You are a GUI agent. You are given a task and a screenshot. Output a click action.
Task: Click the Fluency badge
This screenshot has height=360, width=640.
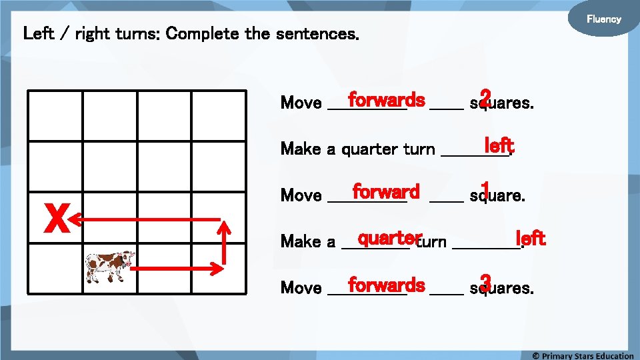pyautogui.click(x=603, y=19)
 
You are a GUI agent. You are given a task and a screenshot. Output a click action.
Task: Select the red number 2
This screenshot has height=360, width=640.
pyautogui.click(x=485, y=97)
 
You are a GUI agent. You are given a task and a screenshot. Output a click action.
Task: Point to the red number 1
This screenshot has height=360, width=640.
pyautogui.click(x=485, y=190)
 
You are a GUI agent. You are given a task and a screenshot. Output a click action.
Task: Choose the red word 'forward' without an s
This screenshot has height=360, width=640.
pyautogui.click(x=386, y=192)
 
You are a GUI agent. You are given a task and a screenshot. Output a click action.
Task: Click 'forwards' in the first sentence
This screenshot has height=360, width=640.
pyautogui.click(x=386, y=100)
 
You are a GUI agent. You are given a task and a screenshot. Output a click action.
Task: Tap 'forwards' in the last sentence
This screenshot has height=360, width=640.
pyautogui.click(x=386, y=285)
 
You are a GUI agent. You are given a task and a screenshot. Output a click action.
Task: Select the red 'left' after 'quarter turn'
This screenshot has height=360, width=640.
pyautogui.click(x=499, y=145)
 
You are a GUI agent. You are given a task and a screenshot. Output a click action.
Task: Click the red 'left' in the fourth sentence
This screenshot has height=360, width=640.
pyautogui.click(x=531, y=237)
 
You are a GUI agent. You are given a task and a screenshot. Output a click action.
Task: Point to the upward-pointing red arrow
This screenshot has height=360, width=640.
pyautogui.click(x=225, y=243)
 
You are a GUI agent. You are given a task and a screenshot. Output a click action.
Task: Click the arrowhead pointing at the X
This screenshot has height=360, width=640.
pyautogui.click(x=75, y=219)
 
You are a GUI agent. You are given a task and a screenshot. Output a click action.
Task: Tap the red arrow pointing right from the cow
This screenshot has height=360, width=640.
pyautogui.click(x=177, y=269)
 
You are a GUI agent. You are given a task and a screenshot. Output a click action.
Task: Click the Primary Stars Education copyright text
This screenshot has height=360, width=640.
pyautogui.click(x=583, y=355)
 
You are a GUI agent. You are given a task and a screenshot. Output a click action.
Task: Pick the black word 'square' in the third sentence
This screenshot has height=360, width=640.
pyautogui.click(x=497, y=195)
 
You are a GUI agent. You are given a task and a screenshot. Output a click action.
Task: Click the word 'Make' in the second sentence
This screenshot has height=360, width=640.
pyautogui.click(x=301, y=149)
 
